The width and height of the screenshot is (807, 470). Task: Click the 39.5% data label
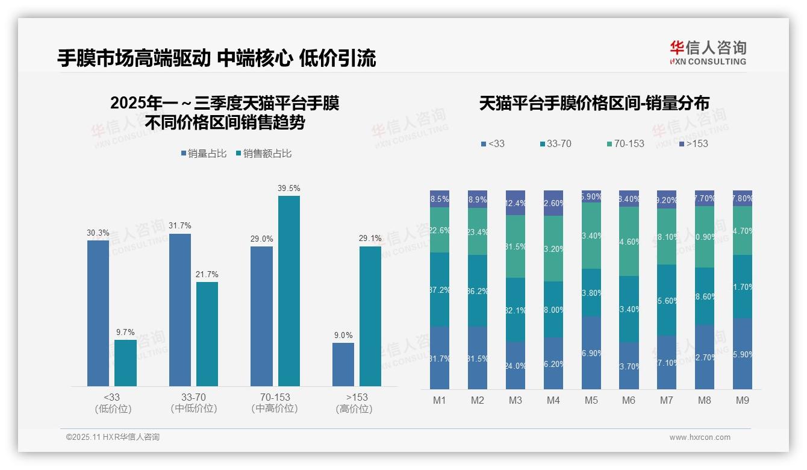(x=288, y=188)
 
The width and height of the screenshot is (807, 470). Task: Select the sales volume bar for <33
(x=98, y=313)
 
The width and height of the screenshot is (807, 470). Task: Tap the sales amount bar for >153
(x=370, y=316)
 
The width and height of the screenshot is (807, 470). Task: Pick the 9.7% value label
(x=125, y=332)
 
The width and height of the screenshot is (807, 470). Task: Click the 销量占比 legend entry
(x=204, y=154)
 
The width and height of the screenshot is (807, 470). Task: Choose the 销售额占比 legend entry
(x=264, y=154)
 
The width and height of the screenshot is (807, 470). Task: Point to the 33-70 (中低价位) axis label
(x=193, y=403)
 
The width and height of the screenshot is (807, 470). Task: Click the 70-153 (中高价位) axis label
(x=275, y=403)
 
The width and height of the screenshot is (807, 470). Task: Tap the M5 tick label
(x=591, y=400)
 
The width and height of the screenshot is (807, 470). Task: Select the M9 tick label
(x=743, y=400)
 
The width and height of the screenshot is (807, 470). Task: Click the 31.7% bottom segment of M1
(x=440, y=358)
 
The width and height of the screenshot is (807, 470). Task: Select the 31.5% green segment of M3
(x=516, y=246)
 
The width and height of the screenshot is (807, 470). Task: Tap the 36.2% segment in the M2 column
(x=478, y=290)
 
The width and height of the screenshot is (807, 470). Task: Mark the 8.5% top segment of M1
(x=440, y=199)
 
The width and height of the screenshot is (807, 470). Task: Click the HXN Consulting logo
(x=708, y=53)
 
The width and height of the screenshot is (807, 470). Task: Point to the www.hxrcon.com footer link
(x=700, y=437)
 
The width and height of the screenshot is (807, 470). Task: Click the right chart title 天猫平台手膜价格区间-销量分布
(x=594, y=103)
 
